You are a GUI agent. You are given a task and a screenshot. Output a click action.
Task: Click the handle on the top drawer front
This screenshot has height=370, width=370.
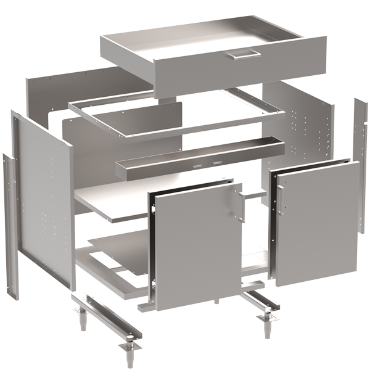point(241,56)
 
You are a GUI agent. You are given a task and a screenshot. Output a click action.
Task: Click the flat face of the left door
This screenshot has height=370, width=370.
point(197,247)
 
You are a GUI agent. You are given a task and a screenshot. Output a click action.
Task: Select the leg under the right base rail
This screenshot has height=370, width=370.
point(268,326)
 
